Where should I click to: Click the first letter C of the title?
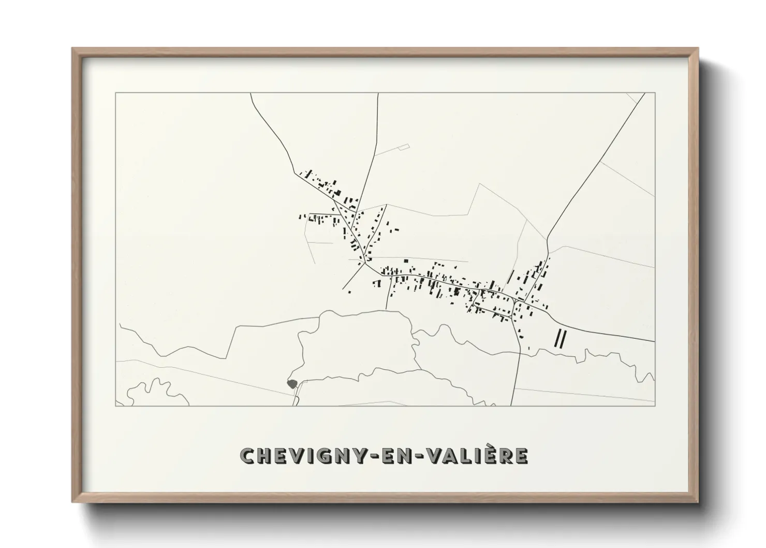(x=247, y=456)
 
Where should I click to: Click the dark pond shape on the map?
(x=292, y=384)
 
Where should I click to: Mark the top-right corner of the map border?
(x=655, y=93)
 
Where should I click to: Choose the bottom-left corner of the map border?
(x=115, y=406)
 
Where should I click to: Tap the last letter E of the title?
(x=522, y=456)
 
